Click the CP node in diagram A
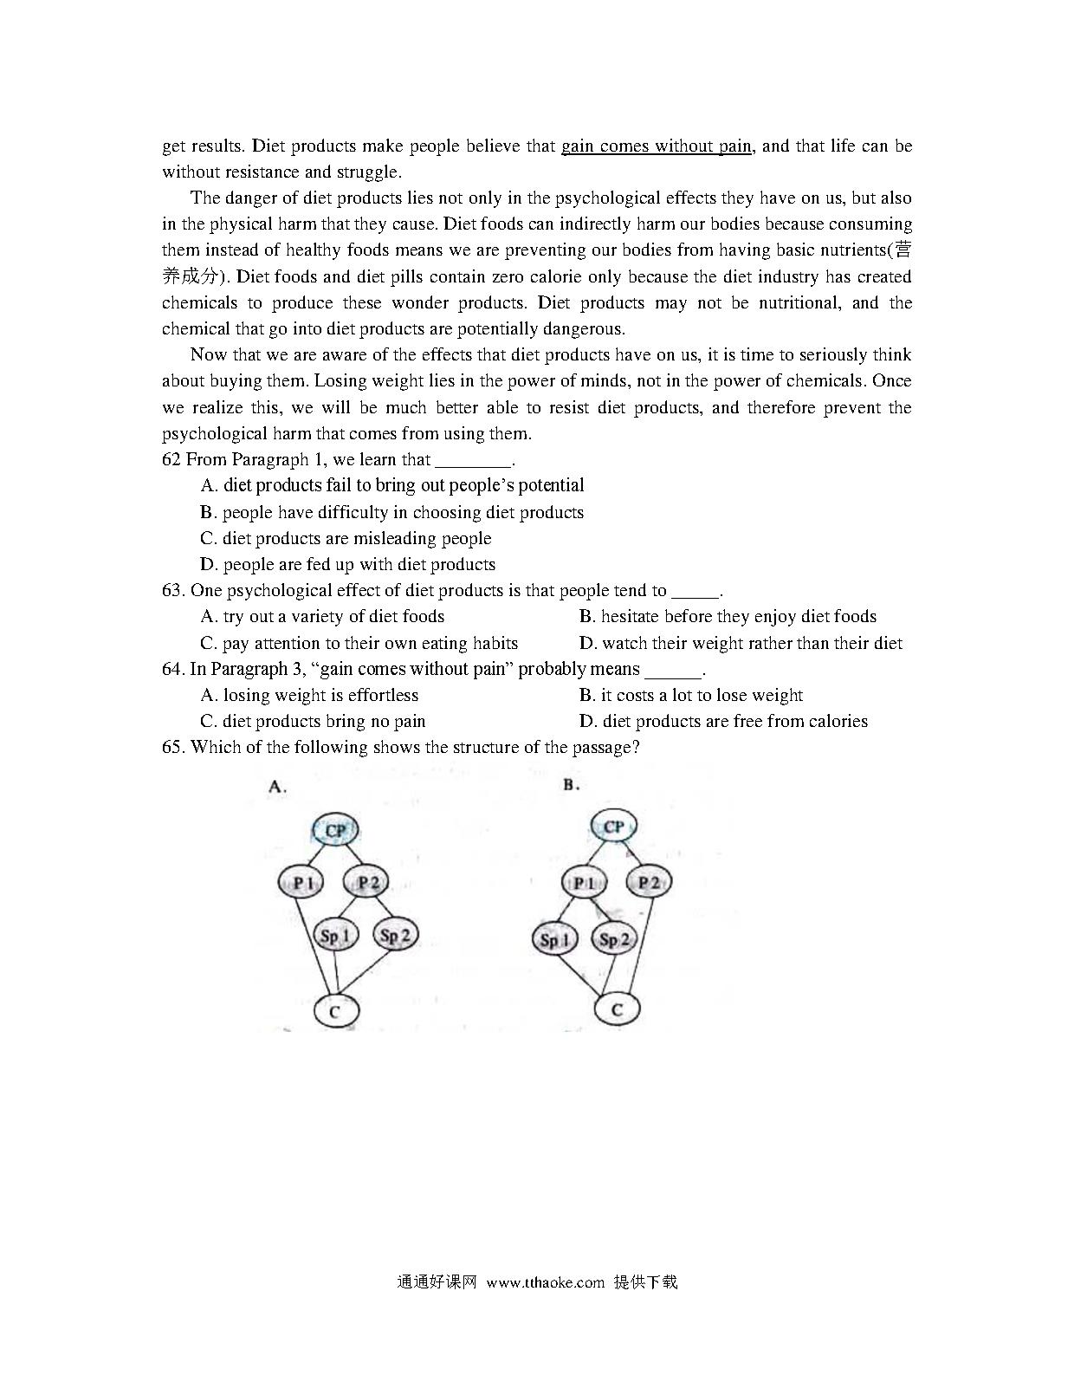(x=335, y=831)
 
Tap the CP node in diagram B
(x=613, y=827)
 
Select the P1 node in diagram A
(x=301, y=883)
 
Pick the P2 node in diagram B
(x=649, y=883)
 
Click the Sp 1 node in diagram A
(x=335, y=936)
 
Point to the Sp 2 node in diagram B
(x=614, y=939)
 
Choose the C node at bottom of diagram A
(x=335, y=1010)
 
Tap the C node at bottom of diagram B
(x=617, y=1009)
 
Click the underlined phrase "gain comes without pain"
(x=657, y=146)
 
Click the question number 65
(x=173, y=747)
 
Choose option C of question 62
(x=346, y=538)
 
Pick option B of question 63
(x=728, y=616)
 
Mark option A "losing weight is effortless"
(x=309, y=695)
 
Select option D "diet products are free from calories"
(x=723, y=721)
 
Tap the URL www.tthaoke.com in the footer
(x=545, y=1282)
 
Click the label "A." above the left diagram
(x=277, y=787)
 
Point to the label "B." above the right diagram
(x=571, y=785)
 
